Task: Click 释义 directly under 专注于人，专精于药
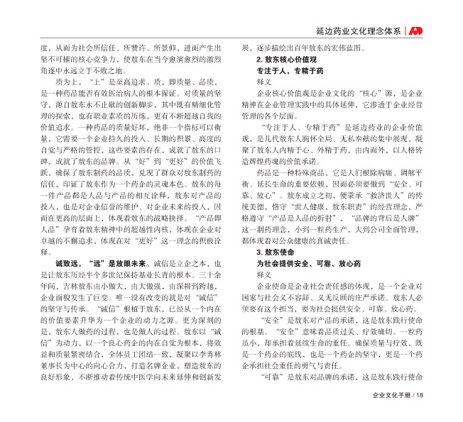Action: [264, 82]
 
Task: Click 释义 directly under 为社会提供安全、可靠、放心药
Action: [264, 274]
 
